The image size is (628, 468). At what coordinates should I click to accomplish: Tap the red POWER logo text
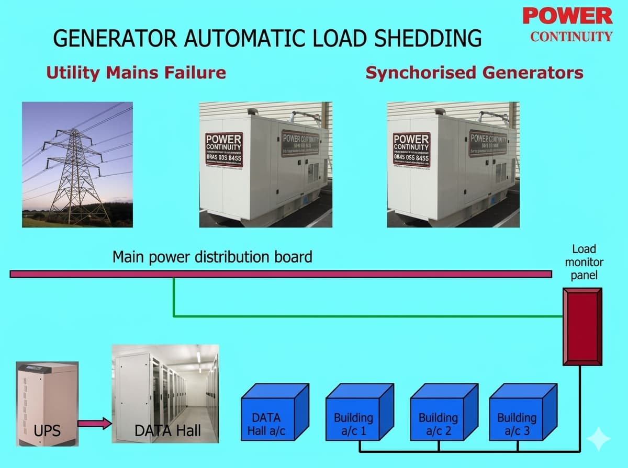point(567,16)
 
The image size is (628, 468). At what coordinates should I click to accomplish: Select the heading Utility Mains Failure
point(136,73)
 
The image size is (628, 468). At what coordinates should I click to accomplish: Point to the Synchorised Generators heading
point(474,73)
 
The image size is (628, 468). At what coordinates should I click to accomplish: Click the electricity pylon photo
point(77,165)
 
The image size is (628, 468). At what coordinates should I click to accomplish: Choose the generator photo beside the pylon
point(266,165)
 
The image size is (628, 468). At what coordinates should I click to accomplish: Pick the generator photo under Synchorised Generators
point(453,165)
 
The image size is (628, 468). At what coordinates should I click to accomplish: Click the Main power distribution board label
point(212,257)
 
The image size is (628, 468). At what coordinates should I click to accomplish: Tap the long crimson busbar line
point(281,274)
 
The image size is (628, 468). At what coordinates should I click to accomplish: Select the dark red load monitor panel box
point(582,327)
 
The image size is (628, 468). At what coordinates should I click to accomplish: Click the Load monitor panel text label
point(584,261)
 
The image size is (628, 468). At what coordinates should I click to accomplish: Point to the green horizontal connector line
point(366,316)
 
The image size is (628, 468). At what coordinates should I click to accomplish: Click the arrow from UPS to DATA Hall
point(95,423)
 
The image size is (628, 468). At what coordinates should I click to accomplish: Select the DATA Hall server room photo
point(165,394)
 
